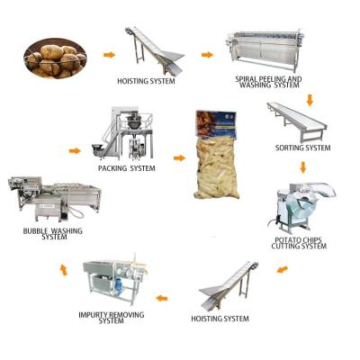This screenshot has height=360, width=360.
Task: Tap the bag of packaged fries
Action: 220,157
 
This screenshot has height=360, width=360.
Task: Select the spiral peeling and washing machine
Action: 265,50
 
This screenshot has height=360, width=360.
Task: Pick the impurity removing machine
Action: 115,279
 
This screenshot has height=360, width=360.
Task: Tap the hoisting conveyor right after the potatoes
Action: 152,49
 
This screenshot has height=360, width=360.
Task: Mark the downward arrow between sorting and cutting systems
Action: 302,166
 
